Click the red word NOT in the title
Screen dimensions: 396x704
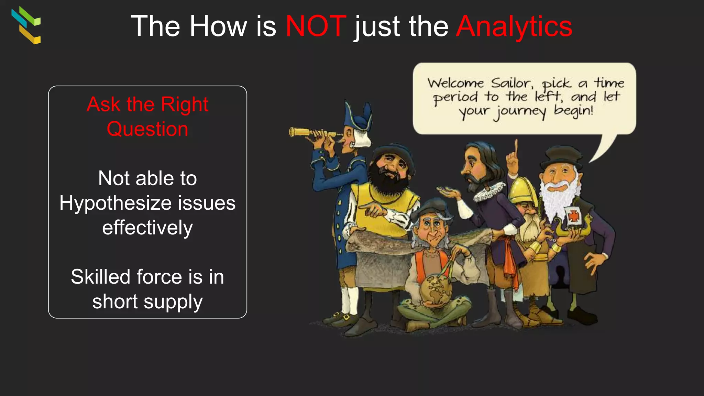point(316,26)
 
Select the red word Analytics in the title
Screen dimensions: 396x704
point(514,26)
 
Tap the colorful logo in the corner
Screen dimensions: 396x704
point(26,25)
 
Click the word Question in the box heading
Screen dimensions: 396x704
point(147,129)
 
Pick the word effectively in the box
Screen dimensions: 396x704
point(147,228)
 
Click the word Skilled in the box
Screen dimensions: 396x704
point(100,277)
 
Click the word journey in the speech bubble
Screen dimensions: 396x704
point(520,112)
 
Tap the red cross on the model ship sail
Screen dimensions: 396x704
point(574,216)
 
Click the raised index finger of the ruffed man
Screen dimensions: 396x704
point(516,148)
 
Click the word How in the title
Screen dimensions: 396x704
point(218,26)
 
